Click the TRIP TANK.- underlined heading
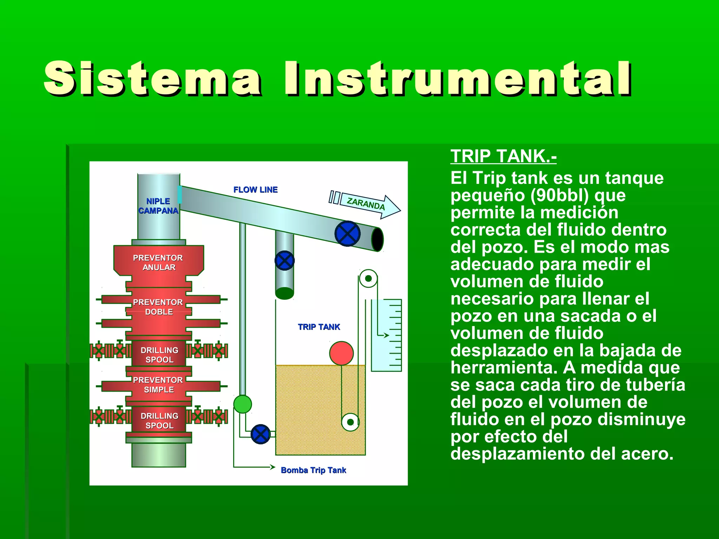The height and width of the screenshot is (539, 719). (503, 156)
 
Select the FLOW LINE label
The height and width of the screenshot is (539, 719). (255, 190)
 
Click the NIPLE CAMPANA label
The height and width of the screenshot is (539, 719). (158, 206)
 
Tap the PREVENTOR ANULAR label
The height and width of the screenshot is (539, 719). (158, 262)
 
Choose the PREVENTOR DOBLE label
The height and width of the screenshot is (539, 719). (158, 307)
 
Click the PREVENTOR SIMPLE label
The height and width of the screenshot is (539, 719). (158, 385)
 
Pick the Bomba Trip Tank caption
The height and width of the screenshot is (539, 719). (313, 470)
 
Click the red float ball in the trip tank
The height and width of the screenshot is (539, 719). (341, 353)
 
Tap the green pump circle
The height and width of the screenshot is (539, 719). (243, 404)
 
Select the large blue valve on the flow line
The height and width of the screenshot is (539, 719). (348, 234)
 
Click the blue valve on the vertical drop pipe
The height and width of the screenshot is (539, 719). (284, 261)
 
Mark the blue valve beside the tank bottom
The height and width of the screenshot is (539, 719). (261, 434)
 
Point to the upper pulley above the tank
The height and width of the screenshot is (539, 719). (368, 279)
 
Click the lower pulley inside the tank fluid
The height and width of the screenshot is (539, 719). (350, 422)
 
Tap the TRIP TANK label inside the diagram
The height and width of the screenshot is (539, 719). (319, 327)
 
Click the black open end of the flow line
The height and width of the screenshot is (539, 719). (378, 239)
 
